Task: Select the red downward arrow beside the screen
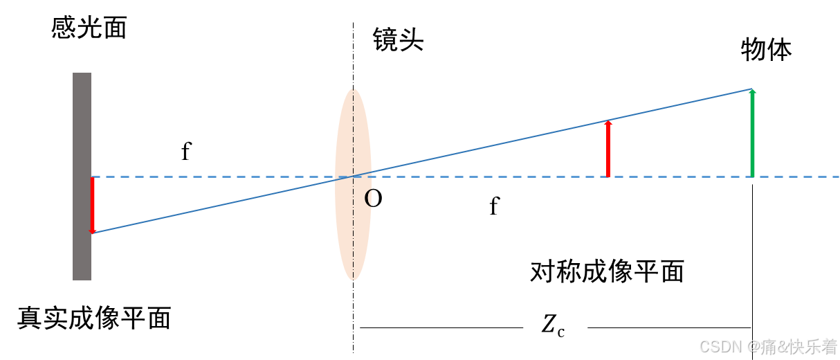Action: click(x=92, y=204)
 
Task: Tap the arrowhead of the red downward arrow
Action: click(x=92, y=231)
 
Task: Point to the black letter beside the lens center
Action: click(x=368, y=199)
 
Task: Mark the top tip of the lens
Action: click(x=354, y=89)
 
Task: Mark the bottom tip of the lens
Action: click(x=354, y=279)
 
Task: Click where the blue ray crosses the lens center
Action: click(x=354, y=176)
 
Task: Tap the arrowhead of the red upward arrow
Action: click(x=608, y=123)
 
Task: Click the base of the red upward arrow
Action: click(x=608, y=175)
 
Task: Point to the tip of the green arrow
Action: click(x=752, y=90)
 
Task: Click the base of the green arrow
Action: click(x=752, y=175)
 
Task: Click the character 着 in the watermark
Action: click(x=829, y=345)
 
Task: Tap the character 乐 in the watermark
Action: click(x=812, y=345)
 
